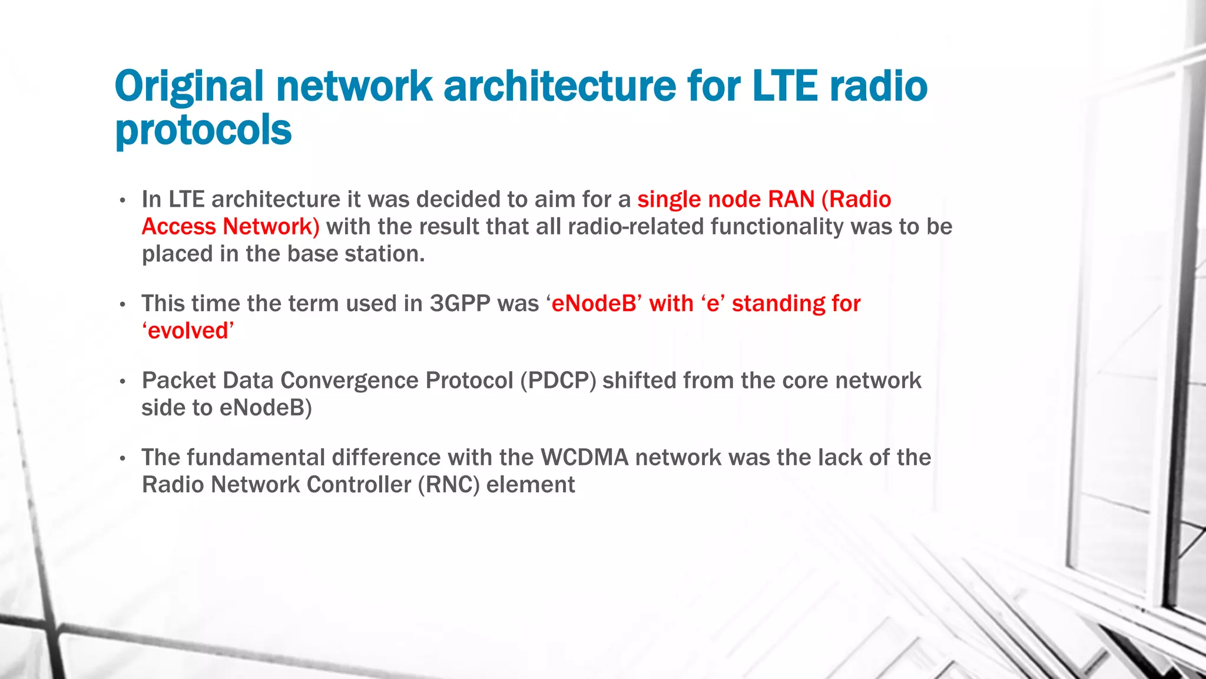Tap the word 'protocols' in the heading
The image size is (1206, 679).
[x=203, y=130]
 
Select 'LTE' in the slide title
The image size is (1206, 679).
[x=784, y=86]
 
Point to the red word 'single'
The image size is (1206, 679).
[x=669, y=200]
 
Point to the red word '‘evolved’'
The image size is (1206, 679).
[x=188, y=331]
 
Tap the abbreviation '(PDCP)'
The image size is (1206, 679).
[x=558, y=381]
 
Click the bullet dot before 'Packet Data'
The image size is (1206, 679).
[x=122, y=382]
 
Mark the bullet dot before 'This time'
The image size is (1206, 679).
[x=122, y=305]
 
